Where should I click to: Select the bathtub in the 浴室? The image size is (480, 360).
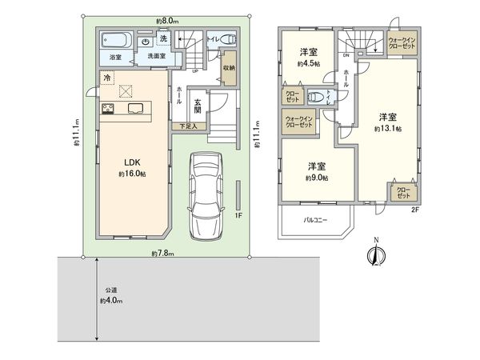click(116, 41)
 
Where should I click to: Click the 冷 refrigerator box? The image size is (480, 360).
click(107, 77)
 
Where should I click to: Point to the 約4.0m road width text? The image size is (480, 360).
click(111, 301)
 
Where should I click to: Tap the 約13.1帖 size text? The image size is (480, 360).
click(387, 127)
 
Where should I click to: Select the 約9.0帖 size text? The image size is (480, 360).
click(318, 178)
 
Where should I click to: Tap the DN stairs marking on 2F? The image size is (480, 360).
click(345, 56)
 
